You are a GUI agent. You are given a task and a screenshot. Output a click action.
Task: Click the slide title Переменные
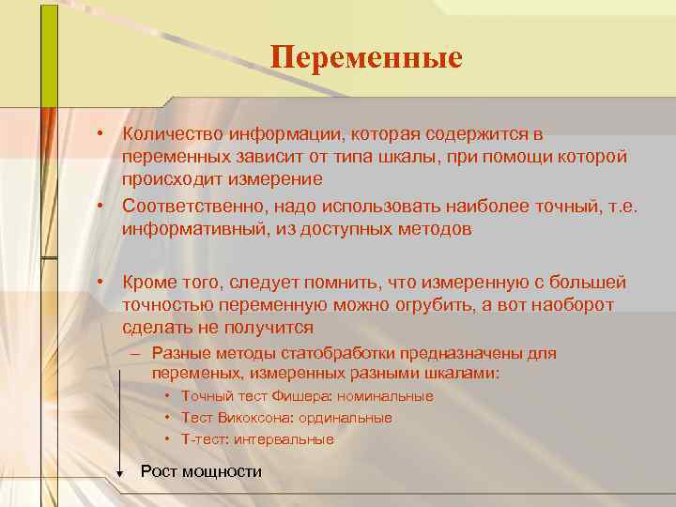[x=366, y=58]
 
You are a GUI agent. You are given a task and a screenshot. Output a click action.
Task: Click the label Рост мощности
[x=201, y=471]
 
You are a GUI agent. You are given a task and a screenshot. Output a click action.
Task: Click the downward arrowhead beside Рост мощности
[x=120, y=473]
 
